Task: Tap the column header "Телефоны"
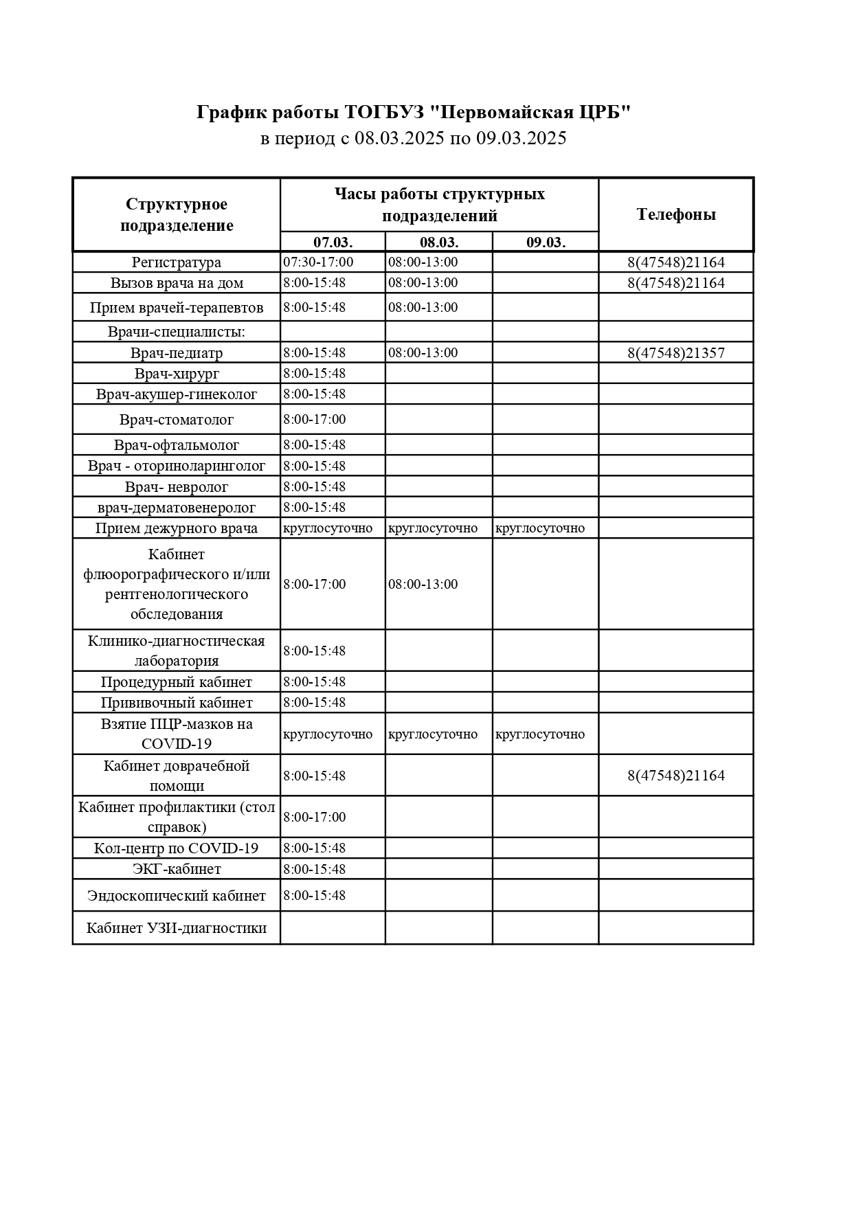click(676, 214)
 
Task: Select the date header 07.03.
click(333, 242)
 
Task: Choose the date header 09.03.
click(546, 242)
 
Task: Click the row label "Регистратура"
click(177, 262)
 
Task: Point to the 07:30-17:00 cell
click(318, 262)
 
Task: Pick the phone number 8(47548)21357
click(676, 353)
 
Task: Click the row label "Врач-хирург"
click(177, 374)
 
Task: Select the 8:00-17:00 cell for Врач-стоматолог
click(315, 419)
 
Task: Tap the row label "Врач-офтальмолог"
click(177, 445)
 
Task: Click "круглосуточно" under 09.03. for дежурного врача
click(540, 528)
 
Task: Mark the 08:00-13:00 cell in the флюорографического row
click(423, 584)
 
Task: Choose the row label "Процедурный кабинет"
click(177, 682)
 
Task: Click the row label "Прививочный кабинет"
click(177, 703)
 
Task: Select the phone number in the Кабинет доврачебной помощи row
click(676, 776)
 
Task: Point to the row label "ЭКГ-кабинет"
click(177, 869)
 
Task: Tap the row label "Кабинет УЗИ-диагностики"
click(177, 928)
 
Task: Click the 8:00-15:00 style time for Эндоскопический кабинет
click(315, 895)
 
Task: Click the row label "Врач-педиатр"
click(177, 353)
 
